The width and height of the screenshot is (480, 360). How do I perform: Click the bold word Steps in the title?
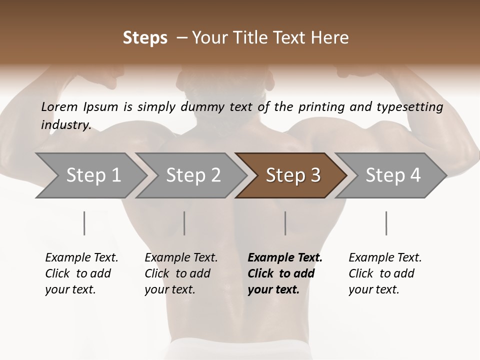(145, 38)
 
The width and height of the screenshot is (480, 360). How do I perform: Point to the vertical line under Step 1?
(84, 223)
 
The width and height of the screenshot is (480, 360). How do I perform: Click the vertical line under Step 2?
(184, 223)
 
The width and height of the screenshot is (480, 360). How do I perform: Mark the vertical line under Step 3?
(285, 223)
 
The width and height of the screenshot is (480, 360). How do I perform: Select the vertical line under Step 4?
(386, 223)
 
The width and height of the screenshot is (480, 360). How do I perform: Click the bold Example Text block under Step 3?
(285, 273)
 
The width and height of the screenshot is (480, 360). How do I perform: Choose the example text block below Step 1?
(81, 273)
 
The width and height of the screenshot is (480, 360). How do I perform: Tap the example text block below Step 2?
(181, 273)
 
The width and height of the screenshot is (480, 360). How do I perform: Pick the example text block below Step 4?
(385, 273)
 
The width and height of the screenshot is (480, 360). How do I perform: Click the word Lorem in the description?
(59, 106)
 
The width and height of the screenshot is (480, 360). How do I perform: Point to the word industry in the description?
(65, 124)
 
